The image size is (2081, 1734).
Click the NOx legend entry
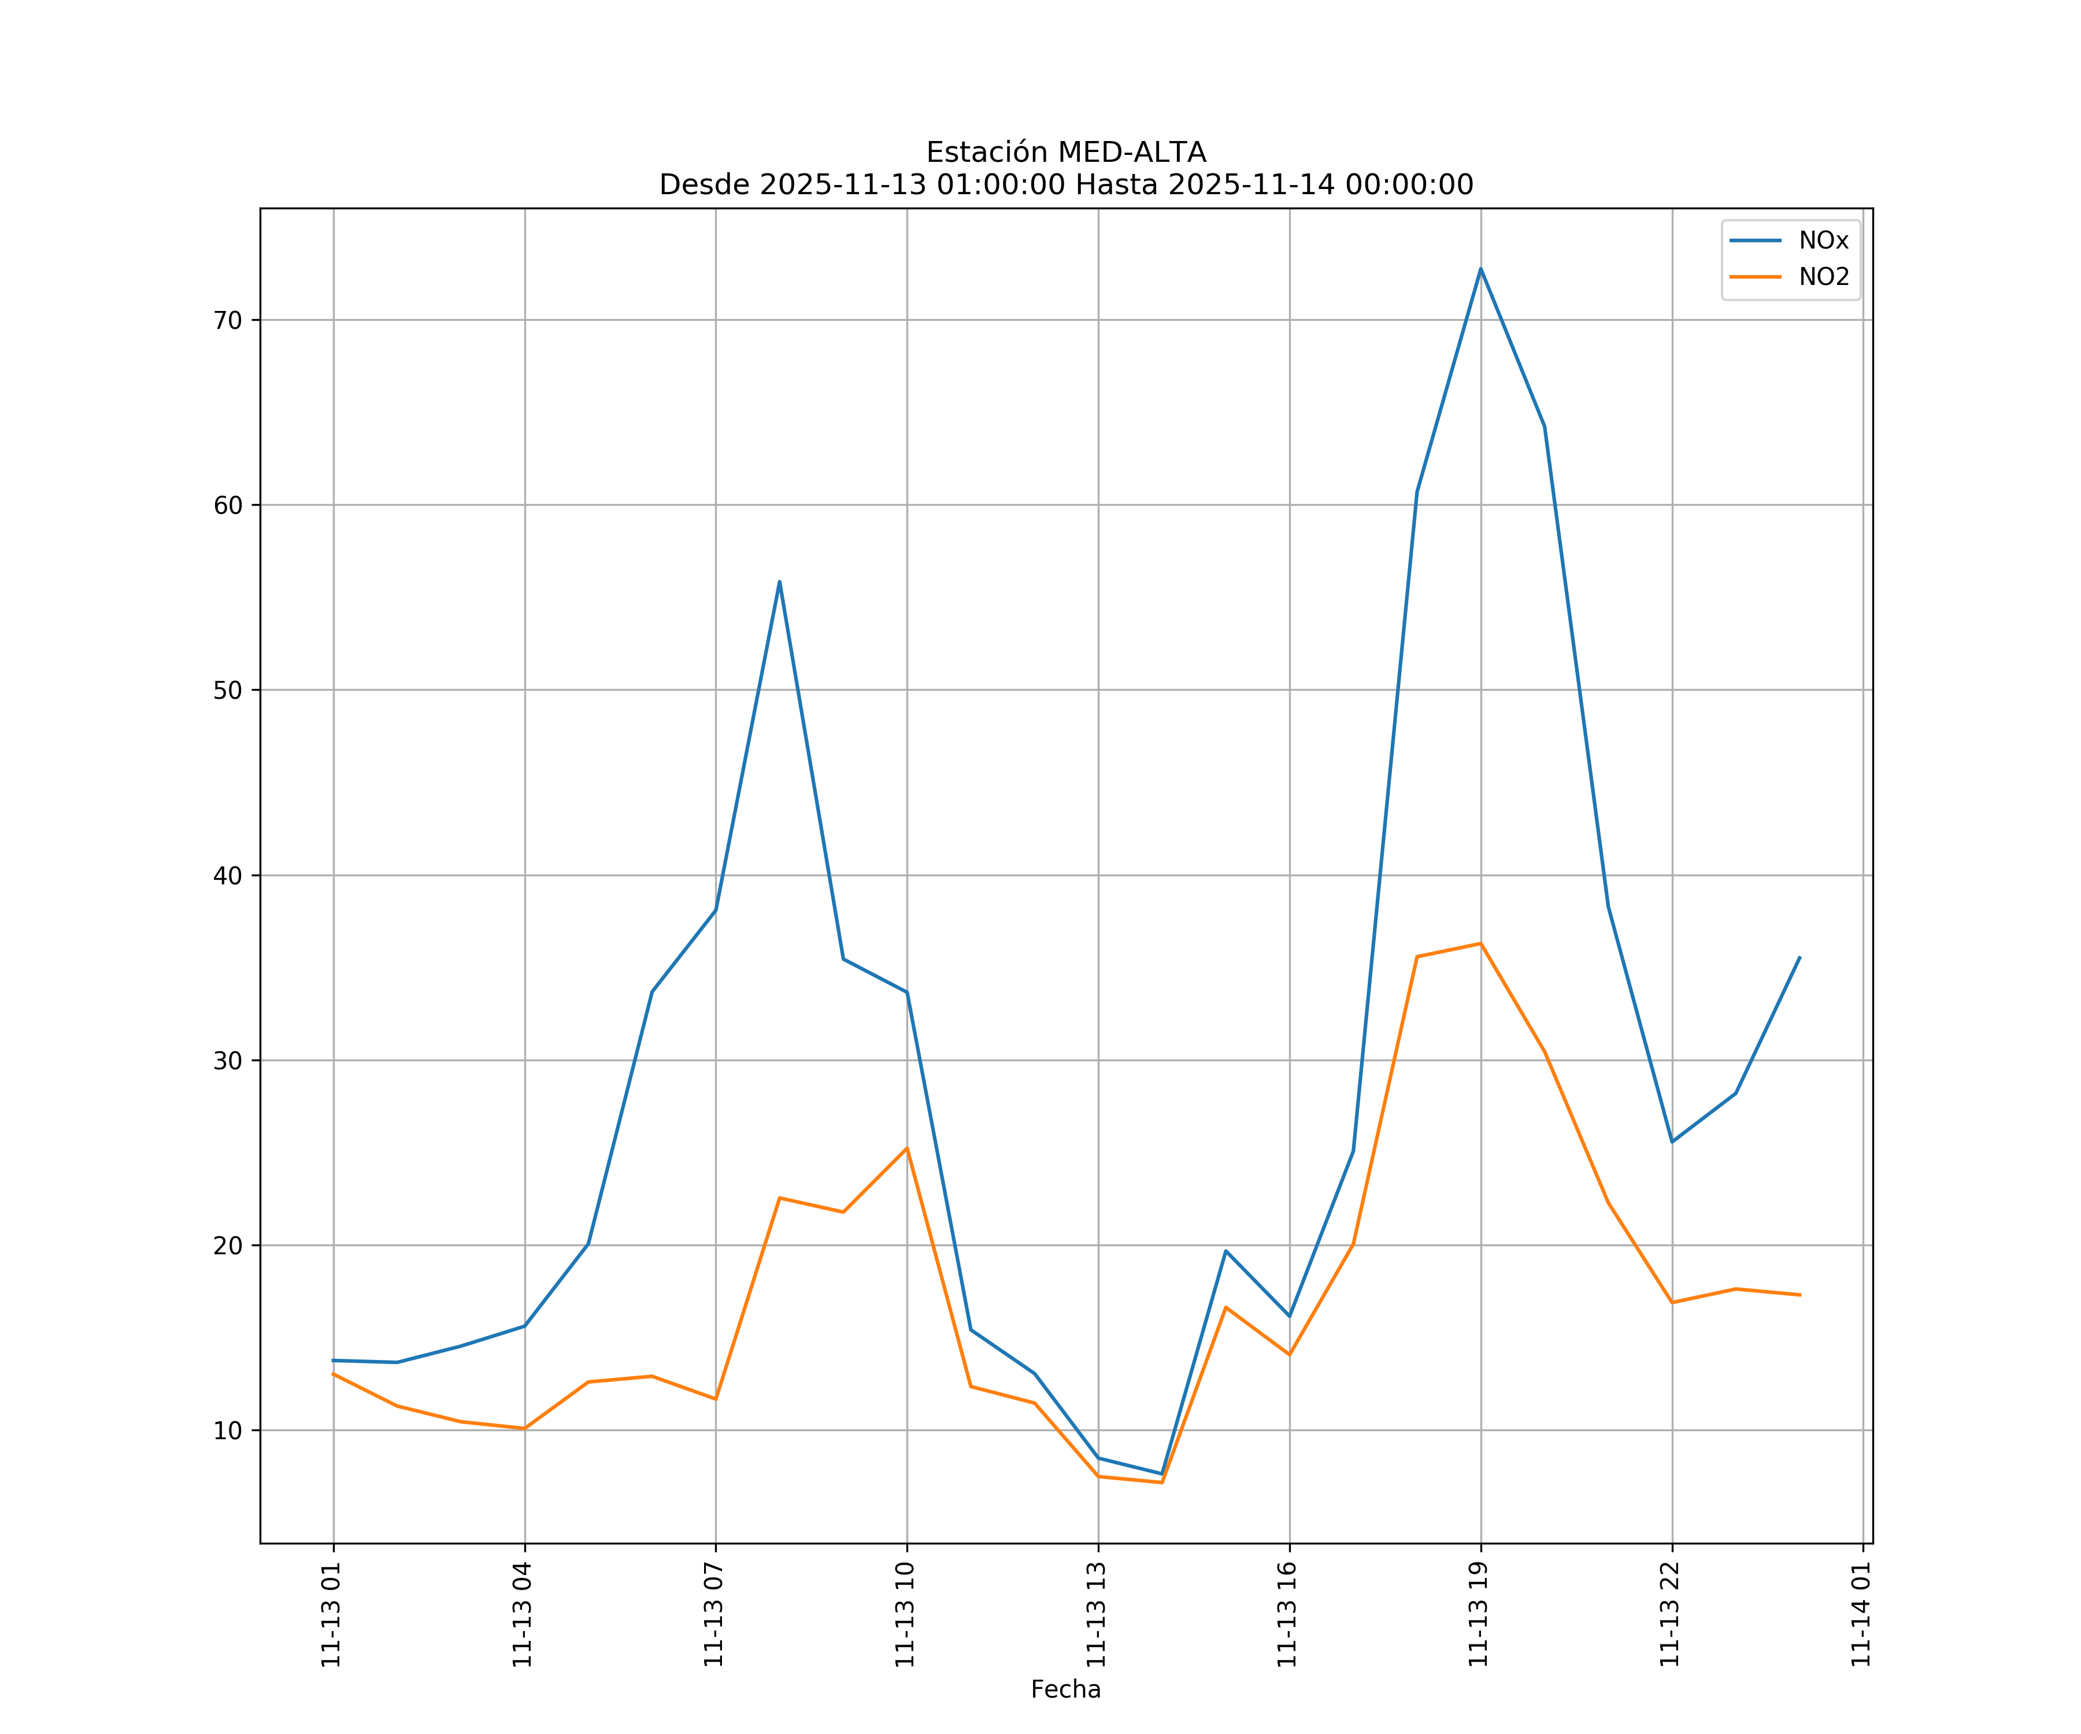pyautogui.click(x=1823, y=241)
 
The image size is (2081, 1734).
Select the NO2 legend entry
pyautogui.click(x=1823, y=277)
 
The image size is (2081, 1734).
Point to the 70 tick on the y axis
pyautogui.click(x=228, y=320)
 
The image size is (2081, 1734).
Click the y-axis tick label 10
pyautogui.click(x=228, y=1431)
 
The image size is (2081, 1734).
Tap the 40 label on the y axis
pyautogui.click(x=228, y=876)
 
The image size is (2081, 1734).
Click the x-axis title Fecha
pyautogui.click(x=1065, y=1689)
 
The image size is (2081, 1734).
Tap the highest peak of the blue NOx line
pyautogui.click(x=1480, y=269)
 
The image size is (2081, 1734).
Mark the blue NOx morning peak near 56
pyautogui.click(x=780, y=581)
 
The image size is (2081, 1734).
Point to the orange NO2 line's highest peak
pyautogui.click(x=1480, y=943)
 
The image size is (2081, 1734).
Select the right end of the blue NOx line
pyautogui.click(x=1799, y=957)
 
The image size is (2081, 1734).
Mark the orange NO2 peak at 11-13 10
pyautogui.click(x=907, y=1148)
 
